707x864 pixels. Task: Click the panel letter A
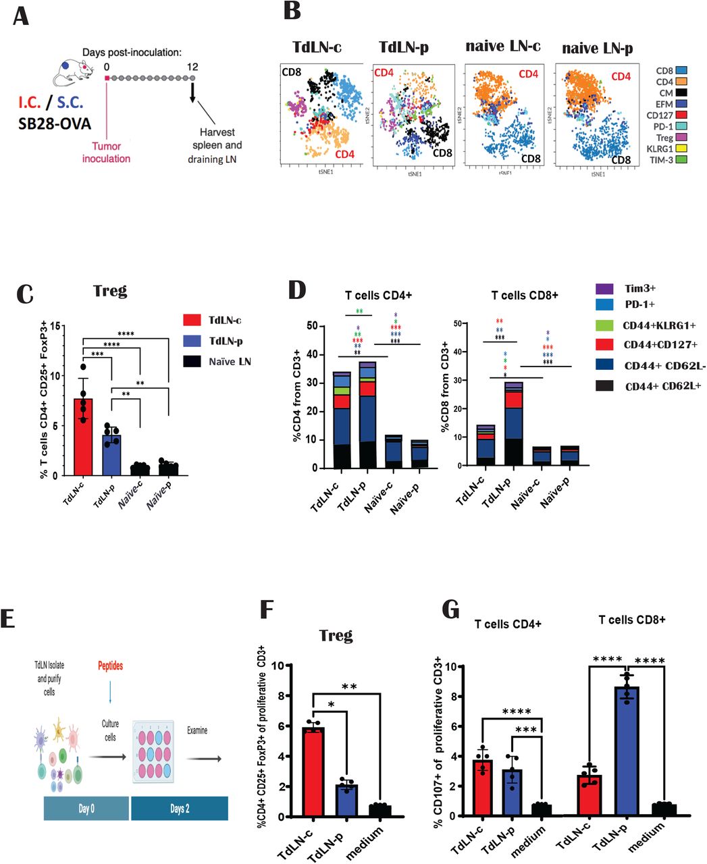click(x=21, y=14)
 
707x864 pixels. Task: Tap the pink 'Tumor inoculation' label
click(x=106, y=153)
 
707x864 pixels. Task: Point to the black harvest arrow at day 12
click(x=193, y=90)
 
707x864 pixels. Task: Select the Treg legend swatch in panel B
click(x=682, y=138)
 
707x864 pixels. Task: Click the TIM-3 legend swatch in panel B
click(x=682, y=160)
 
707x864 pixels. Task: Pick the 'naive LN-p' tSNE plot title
click(x=597, y=48)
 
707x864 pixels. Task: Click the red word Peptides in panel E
click(x=109, y=666)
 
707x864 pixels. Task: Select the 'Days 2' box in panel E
click(x=179, y=809)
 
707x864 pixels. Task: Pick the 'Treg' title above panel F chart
click(x=336, y=635)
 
